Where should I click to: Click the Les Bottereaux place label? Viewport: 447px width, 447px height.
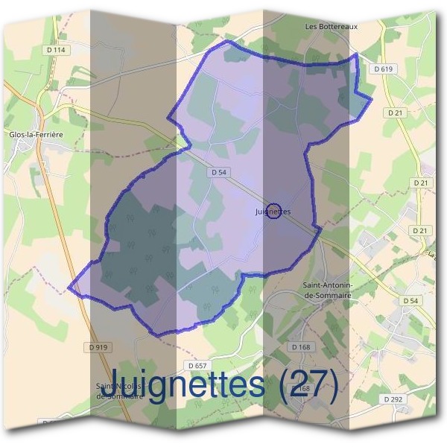tap(332, 26)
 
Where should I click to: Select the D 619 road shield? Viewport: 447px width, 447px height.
tap(383, 69)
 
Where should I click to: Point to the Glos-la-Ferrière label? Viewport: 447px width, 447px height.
tap(35, 134)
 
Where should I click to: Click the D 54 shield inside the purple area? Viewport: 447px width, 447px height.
tap(218, 172)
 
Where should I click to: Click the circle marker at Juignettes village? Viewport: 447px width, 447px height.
tap(273, 211)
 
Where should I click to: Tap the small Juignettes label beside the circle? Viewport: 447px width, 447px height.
tap(272, 212)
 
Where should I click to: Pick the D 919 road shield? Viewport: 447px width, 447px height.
tap(98, 347)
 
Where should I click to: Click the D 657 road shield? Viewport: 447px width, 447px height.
tap(197, 366)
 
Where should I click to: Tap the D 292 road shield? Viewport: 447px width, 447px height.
tap(393, 399)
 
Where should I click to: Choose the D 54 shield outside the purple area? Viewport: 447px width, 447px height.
tap(410, 300)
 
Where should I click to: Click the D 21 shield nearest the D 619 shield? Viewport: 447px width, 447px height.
tap(395, 112)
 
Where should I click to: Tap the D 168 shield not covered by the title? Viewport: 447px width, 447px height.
tap(300, 347)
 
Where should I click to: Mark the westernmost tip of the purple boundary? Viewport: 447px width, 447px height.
tap(69, 287)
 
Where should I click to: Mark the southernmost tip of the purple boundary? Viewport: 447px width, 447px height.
tap(158, 335)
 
